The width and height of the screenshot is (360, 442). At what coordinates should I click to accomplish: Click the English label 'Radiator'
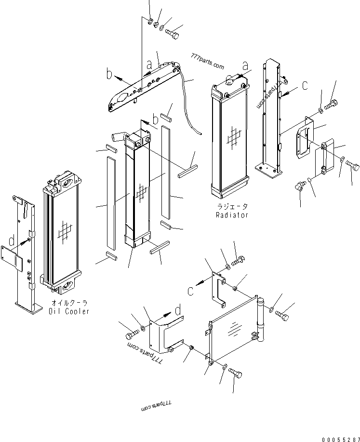232,215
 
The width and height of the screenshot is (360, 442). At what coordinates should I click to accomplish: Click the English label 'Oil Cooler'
69,311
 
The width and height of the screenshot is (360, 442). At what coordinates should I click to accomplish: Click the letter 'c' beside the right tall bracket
305,85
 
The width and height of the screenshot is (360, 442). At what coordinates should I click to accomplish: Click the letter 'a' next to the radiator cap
245,66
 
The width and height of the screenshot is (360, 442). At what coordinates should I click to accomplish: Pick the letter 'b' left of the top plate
109,75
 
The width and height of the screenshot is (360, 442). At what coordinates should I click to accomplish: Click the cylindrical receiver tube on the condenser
262,318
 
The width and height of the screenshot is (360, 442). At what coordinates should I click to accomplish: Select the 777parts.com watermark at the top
207,62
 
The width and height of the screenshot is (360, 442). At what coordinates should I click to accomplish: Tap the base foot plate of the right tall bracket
267,169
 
